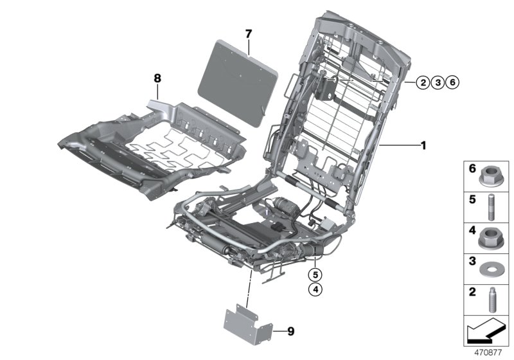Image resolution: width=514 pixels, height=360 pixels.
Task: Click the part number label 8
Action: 157,78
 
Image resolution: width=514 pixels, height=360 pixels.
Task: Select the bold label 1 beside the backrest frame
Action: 423,146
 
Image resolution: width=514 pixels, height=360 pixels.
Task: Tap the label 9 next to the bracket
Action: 290,332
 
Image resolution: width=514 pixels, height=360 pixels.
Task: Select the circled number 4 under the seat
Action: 315,290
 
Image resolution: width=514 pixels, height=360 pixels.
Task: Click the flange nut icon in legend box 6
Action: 491,174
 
